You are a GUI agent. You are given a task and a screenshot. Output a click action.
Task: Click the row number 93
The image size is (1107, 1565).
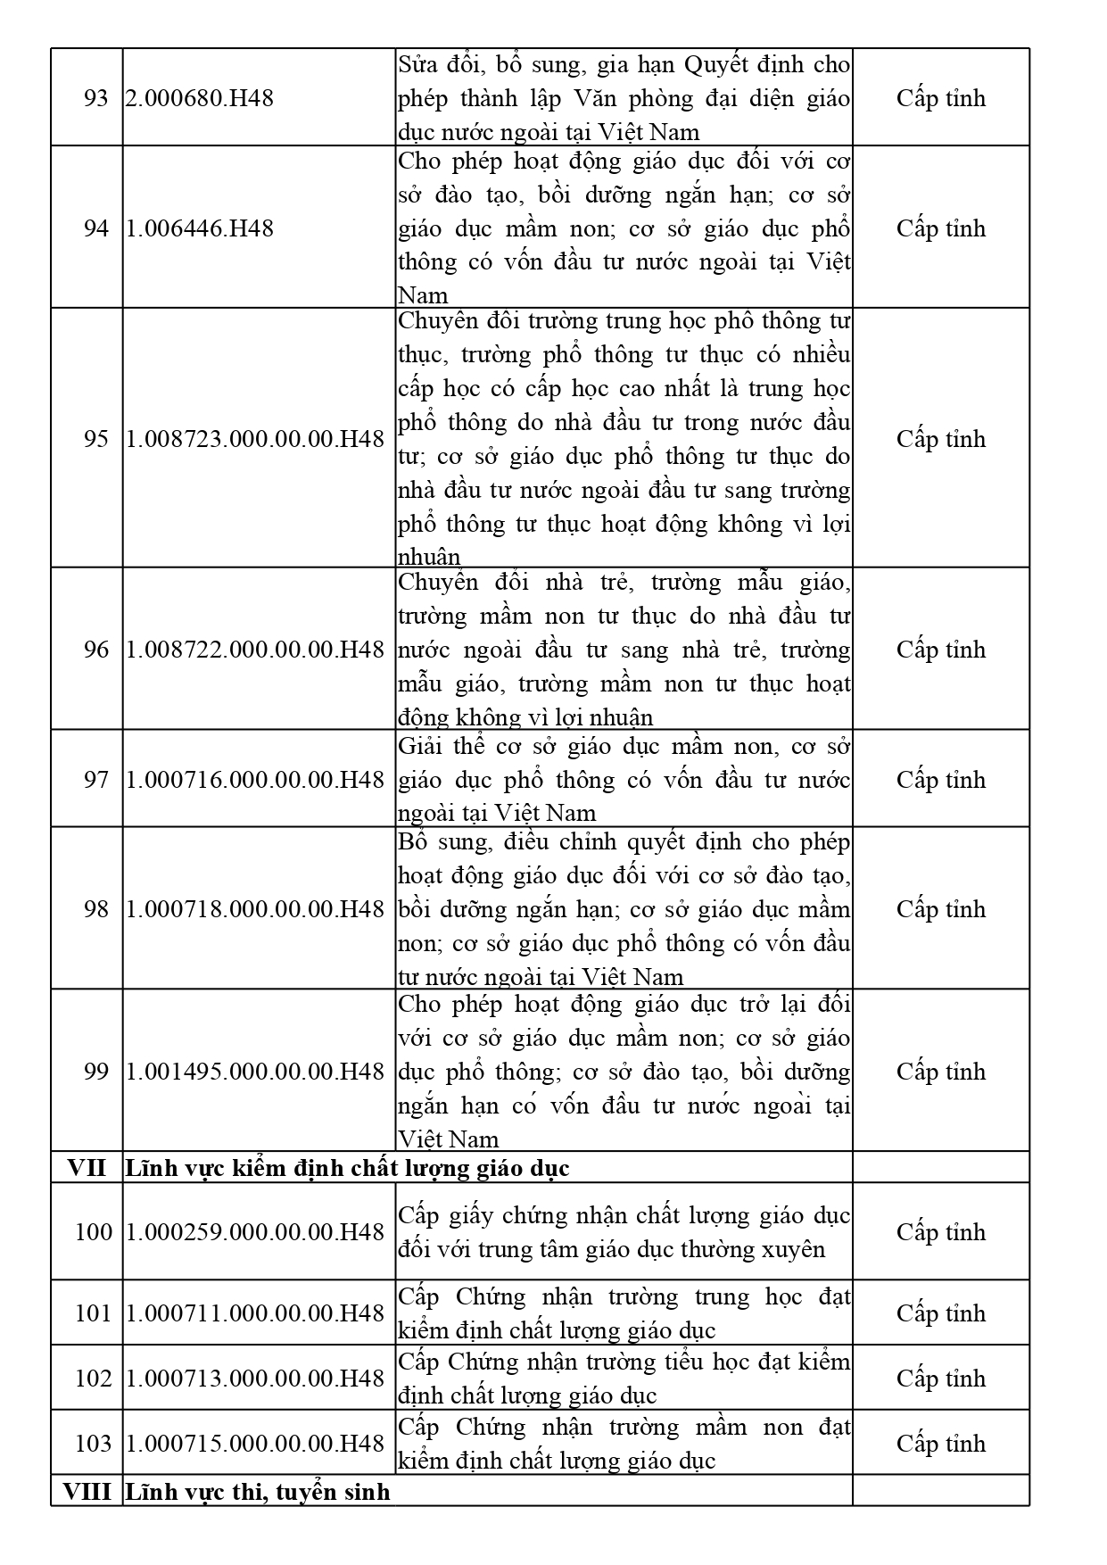[95, 98]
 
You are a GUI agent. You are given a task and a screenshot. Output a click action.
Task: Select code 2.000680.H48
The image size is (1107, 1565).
[199, 98]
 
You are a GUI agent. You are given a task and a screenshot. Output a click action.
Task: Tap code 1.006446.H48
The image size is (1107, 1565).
[199, 228]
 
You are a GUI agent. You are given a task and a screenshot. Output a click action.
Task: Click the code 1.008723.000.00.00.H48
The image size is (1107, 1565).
[255, 439]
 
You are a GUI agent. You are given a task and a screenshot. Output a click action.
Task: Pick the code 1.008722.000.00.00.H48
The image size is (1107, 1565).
[255, 650]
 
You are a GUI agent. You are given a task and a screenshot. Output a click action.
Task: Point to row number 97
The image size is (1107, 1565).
[95, 780]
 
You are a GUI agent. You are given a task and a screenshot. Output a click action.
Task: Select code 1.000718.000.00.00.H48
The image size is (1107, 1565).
[255, 909]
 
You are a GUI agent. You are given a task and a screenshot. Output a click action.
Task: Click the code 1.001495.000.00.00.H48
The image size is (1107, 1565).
[255, 1072]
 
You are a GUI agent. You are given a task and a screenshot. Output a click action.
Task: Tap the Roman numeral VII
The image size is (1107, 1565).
[87, 1168]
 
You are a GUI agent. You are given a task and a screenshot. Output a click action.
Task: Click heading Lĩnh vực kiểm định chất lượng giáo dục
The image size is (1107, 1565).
[347, 1168]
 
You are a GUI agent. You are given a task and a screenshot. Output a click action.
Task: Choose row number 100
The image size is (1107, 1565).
[94, 1232]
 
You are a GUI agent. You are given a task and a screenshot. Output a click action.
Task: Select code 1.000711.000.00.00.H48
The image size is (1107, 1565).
[255, 1313]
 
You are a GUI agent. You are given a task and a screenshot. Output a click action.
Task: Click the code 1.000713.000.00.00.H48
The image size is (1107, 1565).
[255, 1379]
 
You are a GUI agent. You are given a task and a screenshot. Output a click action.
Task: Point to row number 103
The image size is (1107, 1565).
[94, 1444]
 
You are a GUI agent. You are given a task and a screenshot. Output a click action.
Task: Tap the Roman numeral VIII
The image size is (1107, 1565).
[87, 1492]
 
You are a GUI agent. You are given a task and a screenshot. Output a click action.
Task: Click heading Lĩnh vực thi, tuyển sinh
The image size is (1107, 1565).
[258, 1492]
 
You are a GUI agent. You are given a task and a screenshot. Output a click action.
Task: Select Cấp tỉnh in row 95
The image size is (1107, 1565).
[941, 439]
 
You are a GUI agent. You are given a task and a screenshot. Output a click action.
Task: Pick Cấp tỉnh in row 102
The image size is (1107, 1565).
[941, 1379]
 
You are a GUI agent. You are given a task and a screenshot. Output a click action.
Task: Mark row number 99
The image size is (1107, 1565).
[95, 1072]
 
